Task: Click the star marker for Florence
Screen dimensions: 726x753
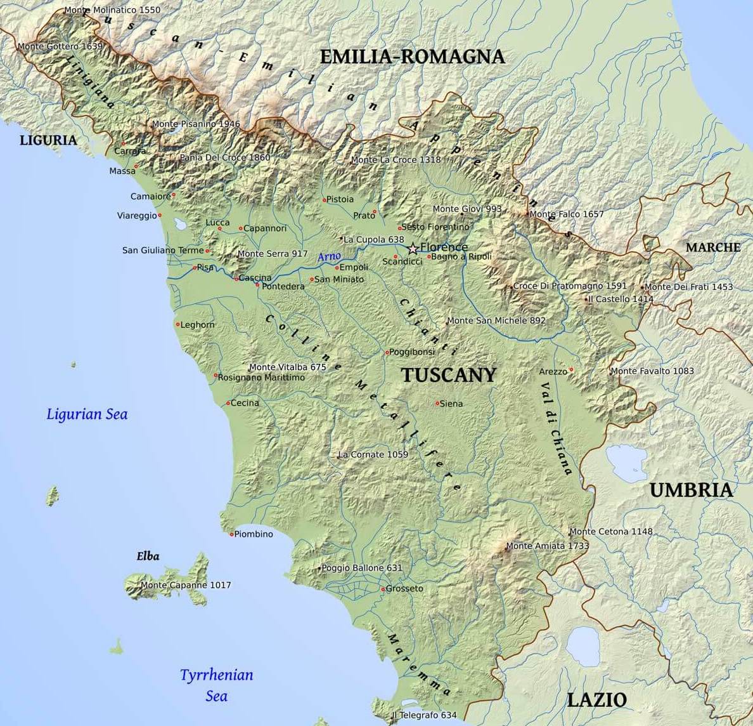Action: (413, 247)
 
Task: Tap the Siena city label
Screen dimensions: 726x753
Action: (451, 404)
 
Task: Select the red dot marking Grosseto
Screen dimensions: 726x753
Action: (383, 590)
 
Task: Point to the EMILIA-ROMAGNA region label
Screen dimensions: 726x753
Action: (412, 56)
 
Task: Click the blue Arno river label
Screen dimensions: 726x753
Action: (329, 256)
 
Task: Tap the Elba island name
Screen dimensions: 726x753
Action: (148, 557)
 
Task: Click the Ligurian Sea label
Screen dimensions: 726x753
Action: (87, 414)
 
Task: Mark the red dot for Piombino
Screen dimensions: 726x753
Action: (231, 534)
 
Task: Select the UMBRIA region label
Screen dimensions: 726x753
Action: (691, 490)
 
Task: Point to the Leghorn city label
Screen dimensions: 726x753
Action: (198, 325)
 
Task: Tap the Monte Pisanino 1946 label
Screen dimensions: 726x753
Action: (196, 124)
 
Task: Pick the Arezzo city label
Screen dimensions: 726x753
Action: (553, 371)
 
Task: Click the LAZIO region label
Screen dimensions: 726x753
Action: (596, 700)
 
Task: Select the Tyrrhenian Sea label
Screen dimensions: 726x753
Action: (216, 685)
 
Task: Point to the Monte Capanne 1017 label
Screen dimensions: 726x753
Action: (186, 585)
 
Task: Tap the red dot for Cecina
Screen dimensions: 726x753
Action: (228, 403)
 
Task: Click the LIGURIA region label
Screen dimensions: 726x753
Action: (48, 140)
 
